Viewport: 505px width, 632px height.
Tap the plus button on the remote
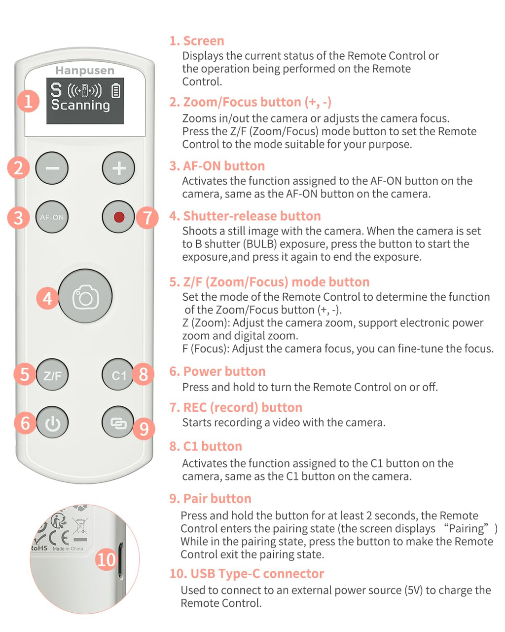118,168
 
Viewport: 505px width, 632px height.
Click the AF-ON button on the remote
52,217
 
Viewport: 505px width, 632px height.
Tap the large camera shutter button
85,296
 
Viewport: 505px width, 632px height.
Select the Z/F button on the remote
52,375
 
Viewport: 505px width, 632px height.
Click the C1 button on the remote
118,375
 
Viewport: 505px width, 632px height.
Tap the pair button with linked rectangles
118,422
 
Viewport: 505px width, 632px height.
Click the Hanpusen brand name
85,71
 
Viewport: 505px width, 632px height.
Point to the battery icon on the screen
116,90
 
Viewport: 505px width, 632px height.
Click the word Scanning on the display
81,105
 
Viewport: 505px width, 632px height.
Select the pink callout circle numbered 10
106,560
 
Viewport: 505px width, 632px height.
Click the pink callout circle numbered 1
28,101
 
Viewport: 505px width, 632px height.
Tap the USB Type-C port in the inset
121,560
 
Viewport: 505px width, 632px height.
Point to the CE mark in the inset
59,538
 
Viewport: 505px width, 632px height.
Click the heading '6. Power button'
217,371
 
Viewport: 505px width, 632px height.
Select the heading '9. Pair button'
211,498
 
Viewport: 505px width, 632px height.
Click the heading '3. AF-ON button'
217,166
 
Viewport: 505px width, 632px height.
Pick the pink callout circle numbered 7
147,218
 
